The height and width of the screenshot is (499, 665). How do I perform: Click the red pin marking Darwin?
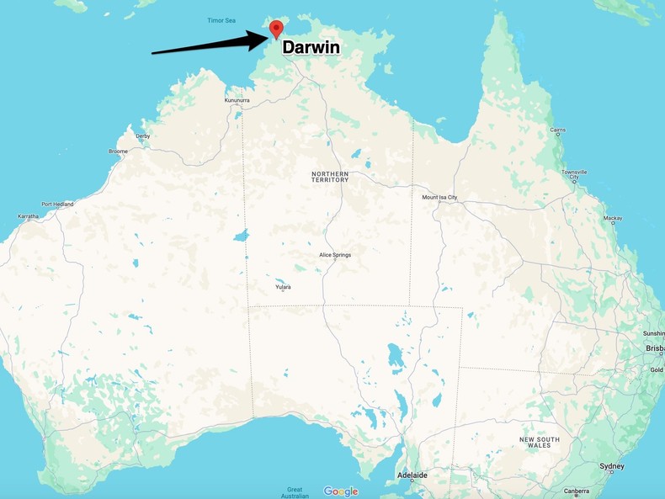[276, 29]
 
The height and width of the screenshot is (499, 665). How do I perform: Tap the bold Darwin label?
[311, 48]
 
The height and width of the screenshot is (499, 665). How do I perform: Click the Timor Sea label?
[223, 20]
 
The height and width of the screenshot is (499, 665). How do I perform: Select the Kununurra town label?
[237, 100]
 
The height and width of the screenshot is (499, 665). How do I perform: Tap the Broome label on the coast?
[118, 151]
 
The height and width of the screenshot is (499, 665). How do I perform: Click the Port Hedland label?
[58, 204]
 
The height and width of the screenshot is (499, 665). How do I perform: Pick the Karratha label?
[28, 216]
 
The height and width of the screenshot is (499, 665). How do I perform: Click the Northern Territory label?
[329, 177]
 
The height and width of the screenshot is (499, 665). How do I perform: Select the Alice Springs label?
[334, 254]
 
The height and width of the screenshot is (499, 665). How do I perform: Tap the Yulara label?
[283, 287]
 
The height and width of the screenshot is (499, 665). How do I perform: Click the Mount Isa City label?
[439, 198]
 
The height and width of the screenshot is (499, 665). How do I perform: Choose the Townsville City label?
[575, 174]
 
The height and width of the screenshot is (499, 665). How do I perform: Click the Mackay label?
[613, 218]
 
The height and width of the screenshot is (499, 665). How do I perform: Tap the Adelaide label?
[412, 475]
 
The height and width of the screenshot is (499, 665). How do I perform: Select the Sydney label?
[612, 466]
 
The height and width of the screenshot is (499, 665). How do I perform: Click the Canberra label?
[577, 491]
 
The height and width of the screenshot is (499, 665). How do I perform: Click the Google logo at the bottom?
[340, 491]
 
